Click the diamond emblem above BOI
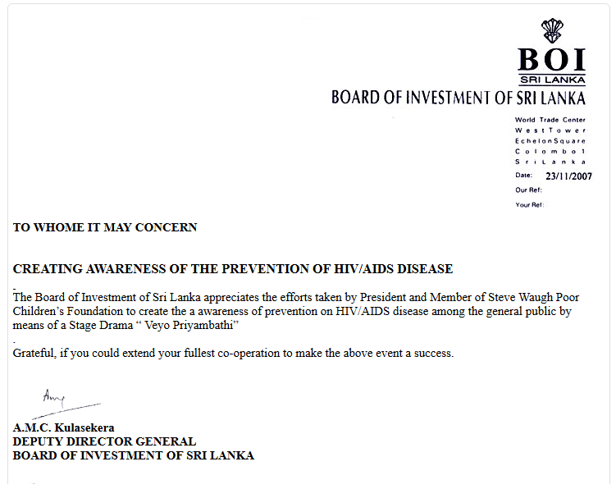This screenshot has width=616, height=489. [x=552, y=30]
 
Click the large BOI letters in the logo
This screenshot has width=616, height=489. [x=552, y=60]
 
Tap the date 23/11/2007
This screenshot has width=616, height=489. [x=568, y=176]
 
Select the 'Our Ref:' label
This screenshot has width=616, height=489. [x=529, y=190]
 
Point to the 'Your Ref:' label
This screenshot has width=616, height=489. [x=530, y=204]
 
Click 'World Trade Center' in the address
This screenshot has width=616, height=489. [x=550, y=121]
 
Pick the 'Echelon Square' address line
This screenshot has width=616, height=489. [x=550, y=141]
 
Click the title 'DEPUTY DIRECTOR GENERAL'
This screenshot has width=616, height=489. [x=104, y=441]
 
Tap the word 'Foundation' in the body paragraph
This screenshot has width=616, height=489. [x=90, y=312]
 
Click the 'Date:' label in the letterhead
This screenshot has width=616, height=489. [x=524, y=176]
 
